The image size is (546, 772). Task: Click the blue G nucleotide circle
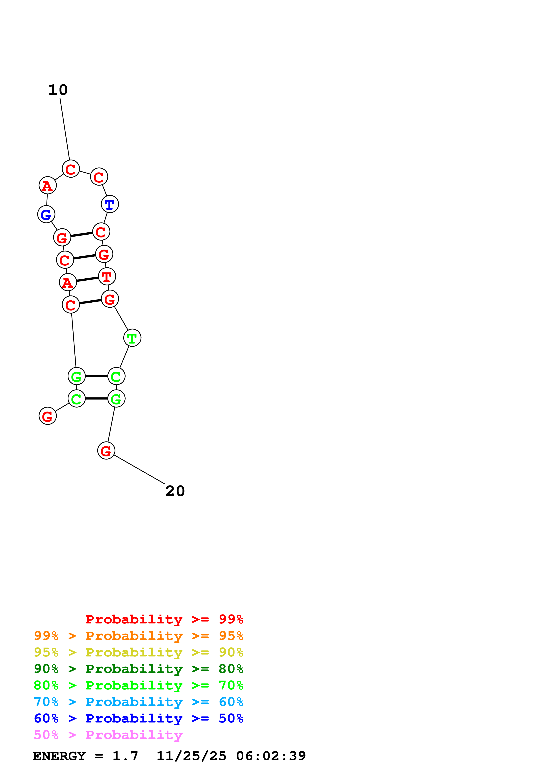(46, 214)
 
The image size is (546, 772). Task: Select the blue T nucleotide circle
(110, 204)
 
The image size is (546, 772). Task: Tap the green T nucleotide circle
(132, 338)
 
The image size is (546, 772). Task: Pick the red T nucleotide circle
(107, 277)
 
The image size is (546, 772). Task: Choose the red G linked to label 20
(106, 451)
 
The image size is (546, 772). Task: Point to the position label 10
(58, 90)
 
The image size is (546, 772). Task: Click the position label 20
(175, 491)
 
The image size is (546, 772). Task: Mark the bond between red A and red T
(87, 279)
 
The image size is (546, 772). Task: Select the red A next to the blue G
(47, 186)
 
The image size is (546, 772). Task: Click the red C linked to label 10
(71, 169)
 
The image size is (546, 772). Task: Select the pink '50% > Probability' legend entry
(108, 735)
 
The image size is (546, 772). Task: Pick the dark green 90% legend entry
(138, 669)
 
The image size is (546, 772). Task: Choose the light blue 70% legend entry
(138, 702)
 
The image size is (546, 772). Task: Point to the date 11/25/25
(191, 756)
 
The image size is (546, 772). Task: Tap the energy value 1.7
(125, 756)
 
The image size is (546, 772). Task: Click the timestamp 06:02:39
(271, 756)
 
